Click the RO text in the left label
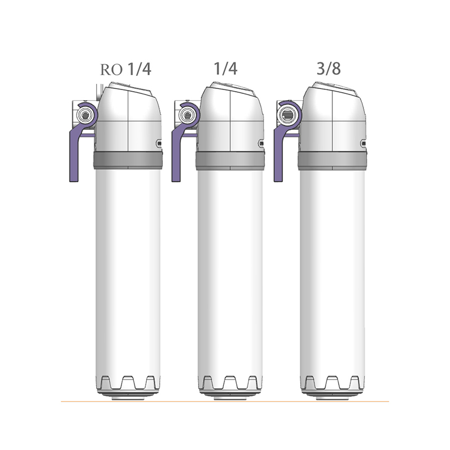pos(111,70)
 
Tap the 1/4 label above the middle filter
pos(226,69)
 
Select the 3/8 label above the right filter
pos(328,69)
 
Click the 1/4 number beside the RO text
pos(139,69)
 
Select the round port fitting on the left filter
pos(85,115)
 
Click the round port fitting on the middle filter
pos(187,115)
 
